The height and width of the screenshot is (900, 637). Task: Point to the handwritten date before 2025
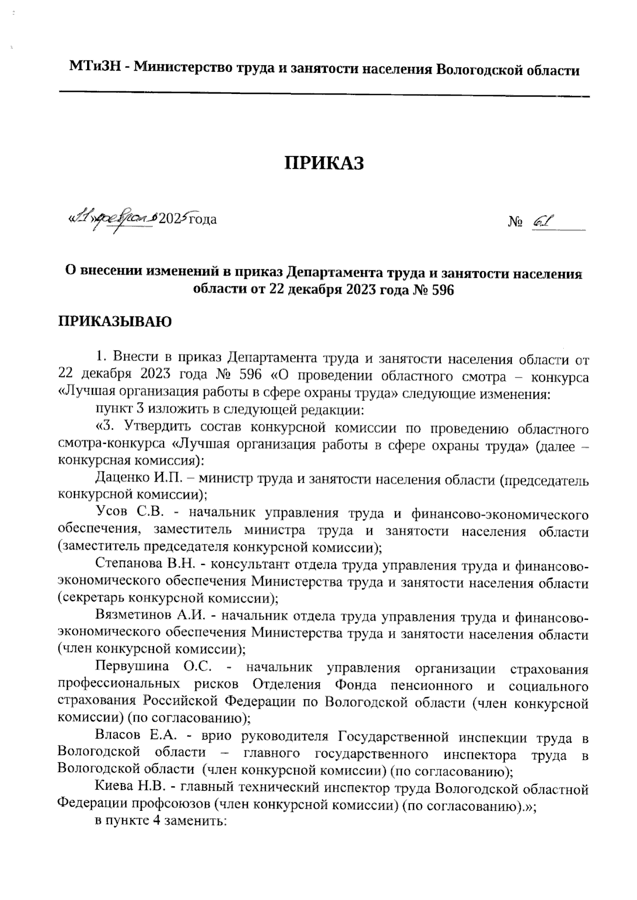111,218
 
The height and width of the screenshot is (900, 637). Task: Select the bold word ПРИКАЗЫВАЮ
115,322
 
